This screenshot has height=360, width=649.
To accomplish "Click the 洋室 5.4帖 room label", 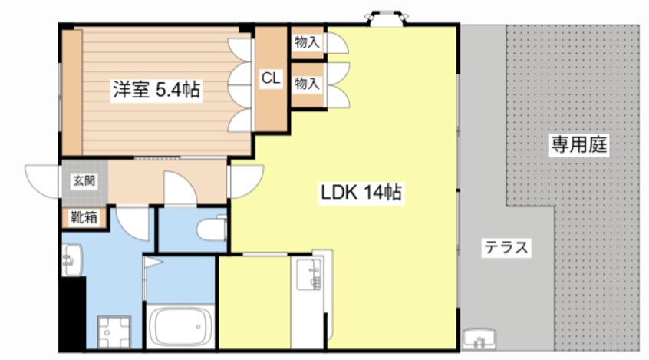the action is [156, 90].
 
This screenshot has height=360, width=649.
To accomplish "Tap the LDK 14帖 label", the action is [361, 192].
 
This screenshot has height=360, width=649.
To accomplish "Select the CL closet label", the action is [271, 78].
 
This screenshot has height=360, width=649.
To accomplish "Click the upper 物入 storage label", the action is [307, 42].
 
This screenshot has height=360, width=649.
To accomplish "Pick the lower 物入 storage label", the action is [307, 84].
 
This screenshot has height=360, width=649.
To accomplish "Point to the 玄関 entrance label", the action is [84, 180].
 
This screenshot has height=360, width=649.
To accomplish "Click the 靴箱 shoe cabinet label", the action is [84, 217].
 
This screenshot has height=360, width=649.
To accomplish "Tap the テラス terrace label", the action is [506, 247].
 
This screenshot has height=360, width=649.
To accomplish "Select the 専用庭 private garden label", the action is [578, 144].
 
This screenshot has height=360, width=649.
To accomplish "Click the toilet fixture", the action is [212, 229].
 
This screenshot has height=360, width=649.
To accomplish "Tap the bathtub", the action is [180, 327].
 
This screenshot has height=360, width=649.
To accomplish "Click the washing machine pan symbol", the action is [114, 332].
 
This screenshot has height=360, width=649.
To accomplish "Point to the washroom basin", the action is [71, 259].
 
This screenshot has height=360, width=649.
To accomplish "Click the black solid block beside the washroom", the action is [72, 314].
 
